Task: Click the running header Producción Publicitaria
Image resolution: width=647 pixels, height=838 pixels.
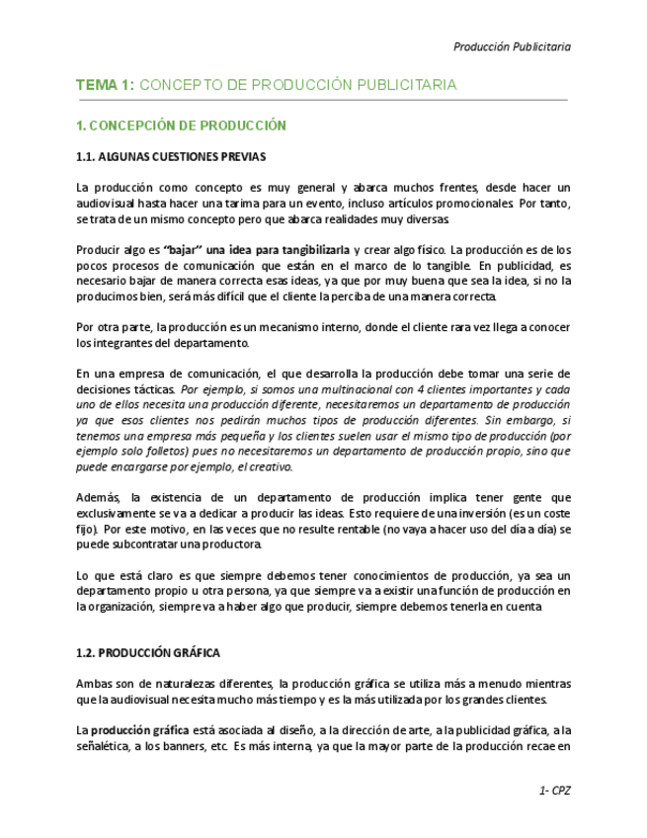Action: pyautogui.click(x=511, y=46)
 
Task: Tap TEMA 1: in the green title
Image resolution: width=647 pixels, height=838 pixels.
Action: pyautogui.click(x=105, y=85)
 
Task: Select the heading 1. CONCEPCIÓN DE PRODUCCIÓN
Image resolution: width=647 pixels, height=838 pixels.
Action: pyautogui.click(x=181, y=126)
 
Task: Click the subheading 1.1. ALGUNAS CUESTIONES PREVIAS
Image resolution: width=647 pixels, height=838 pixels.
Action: pyautogui.click(x=171, y=156)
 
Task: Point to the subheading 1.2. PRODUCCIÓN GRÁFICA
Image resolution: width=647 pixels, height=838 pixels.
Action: pyautogui.click(x=148, y=653)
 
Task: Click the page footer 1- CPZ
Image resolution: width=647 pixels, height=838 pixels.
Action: pyautogui.click(x=554, y=791)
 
